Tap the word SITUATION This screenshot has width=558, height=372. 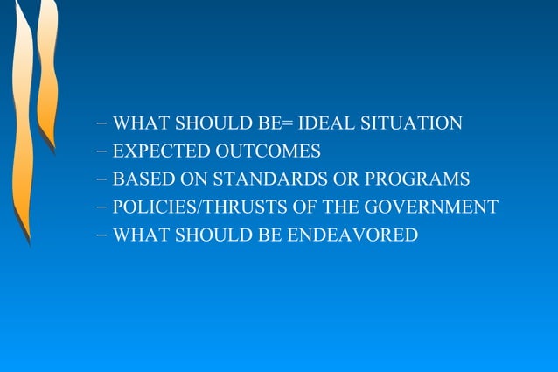click(411, 123)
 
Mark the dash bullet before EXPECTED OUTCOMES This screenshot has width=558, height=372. click(103, 151)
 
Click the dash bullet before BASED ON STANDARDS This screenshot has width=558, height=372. click(103, 179)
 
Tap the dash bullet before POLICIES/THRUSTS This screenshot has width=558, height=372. click(103, 207)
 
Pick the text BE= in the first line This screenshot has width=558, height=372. click(274, 123)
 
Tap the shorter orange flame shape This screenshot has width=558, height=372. click(48, 70)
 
